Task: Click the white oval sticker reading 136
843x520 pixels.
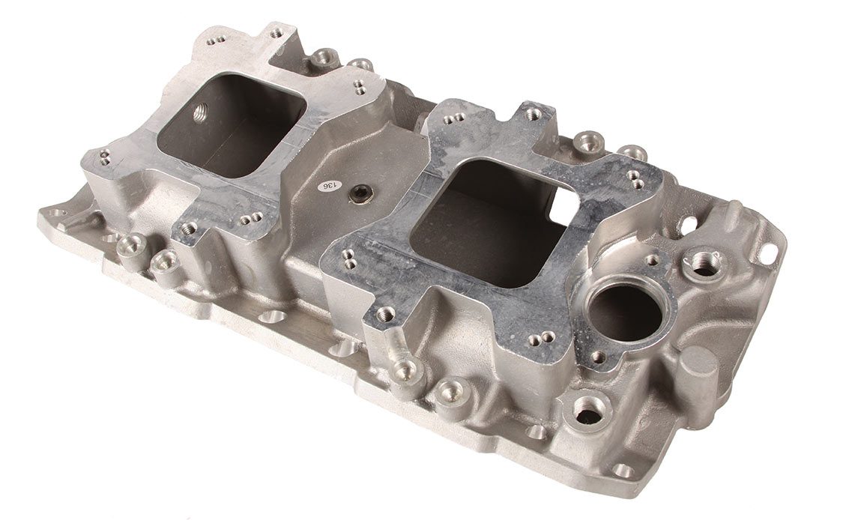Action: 330,186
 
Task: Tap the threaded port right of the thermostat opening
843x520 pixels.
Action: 704,264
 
